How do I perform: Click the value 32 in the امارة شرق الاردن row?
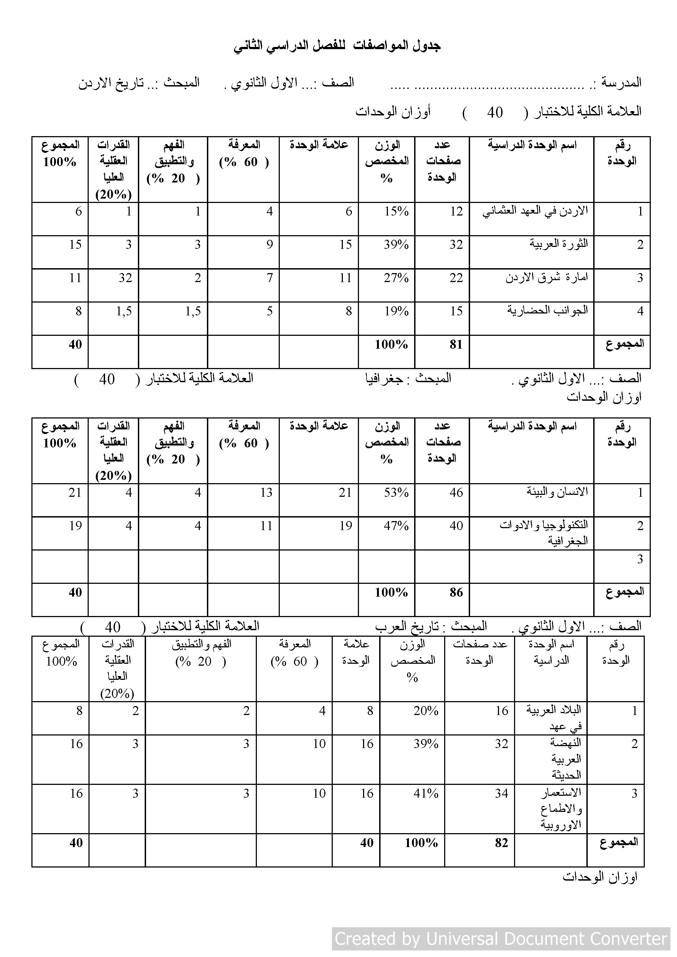(x=125, y=278)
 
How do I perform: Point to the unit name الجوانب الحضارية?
(x=547, y=310)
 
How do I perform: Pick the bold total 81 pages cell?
(x=456, y=345)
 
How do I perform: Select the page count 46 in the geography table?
(x=456, y=493)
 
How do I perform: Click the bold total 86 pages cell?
(x=456, y=592)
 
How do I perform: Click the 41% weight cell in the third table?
(x=426, y=794)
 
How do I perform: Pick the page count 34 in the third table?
(x=501, y=794)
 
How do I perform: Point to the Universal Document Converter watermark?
(x=501, y=938)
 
